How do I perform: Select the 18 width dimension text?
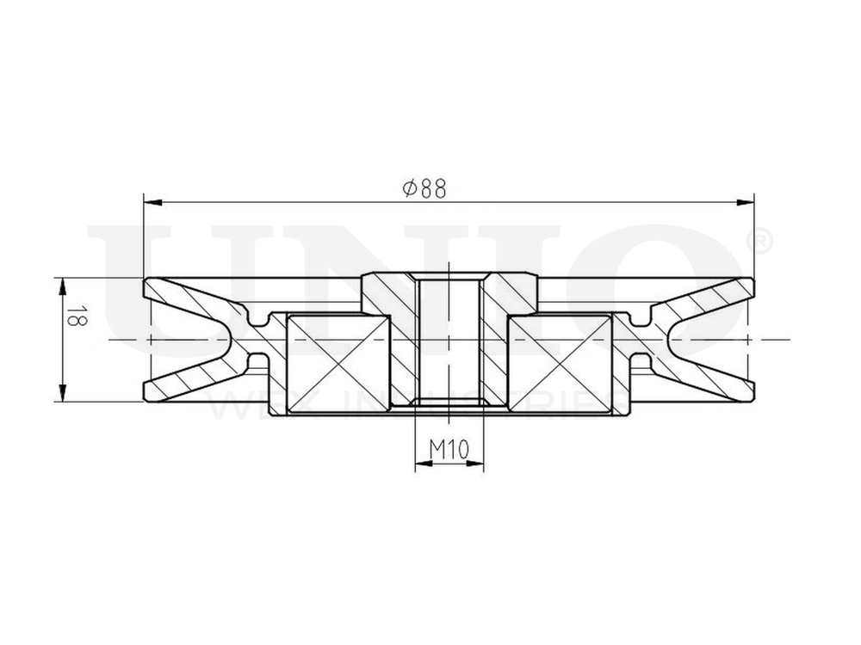[x=75, y=317]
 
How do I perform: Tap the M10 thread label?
[x=448, y=448]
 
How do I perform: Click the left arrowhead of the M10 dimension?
[x=422, y=464]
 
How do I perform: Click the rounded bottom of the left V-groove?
[x=229, y=340]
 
